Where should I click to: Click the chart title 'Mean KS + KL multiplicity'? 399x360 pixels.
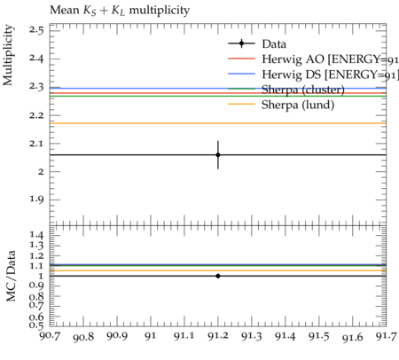tap(120, 11)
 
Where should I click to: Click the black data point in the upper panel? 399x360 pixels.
tap(218, 155)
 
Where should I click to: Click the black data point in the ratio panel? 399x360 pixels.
tap(218, 276)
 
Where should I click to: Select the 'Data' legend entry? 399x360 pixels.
tap(257, 44)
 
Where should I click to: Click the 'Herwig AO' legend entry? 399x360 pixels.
tap(313, 59)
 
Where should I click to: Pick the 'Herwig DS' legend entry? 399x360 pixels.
tap(313, 74)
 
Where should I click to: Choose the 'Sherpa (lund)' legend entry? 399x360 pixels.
tap(281, 105)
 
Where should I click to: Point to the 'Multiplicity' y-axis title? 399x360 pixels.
tap(8, 55)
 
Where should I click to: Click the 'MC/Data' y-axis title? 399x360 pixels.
tap(11, 276)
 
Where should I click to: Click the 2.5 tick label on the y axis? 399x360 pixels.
tap(36, 30)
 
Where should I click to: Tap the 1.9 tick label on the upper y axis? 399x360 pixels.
tap(36, 200)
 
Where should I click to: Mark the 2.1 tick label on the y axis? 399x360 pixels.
tap(36, 143)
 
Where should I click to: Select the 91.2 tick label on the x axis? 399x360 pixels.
tap(218, 336)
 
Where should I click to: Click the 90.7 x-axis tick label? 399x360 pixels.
tap(51, 336)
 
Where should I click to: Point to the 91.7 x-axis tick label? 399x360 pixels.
tap(386, 336)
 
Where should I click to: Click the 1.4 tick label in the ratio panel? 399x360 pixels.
tap(36, 235)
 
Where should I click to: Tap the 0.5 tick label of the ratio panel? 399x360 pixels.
tap(36, 325)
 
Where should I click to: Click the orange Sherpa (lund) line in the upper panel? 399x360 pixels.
tap(218, 123)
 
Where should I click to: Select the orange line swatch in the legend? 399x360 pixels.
tap(241, 104)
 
